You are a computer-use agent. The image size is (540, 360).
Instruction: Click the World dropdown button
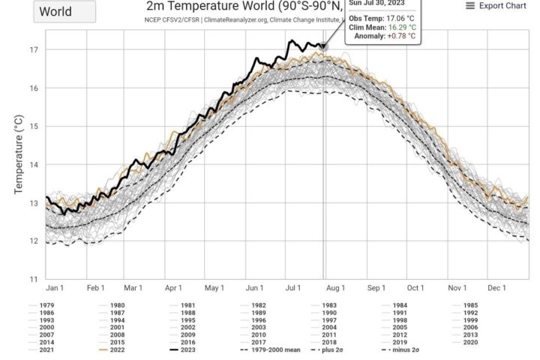coord(65,12)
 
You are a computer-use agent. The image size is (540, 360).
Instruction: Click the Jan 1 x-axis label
coord(55,288)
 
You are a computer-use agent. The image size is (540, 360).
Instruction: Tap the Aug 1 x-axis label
coord(335,288)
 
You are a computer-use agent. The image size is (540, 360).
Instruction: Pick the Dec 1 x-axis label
coord(497,288)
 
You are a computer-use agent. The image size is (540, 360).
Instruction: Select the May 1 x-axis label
coord(214,288)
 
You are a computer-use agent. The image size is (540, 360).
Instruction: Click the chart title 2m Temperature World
coord(244,7)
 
